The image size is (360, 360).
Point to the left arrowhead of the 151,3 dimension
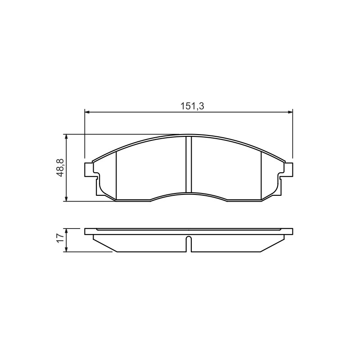tap(87, 112)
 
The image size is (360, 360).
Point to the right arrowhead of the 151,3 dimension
tap(290, 112)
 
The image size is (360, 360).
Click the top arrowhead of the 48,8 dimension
tap(66, 137)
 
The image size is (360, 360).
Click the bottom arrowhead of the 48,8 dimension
tap(66, 199)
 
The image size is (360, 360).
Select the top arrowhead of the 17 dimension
tap(66, 231)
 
